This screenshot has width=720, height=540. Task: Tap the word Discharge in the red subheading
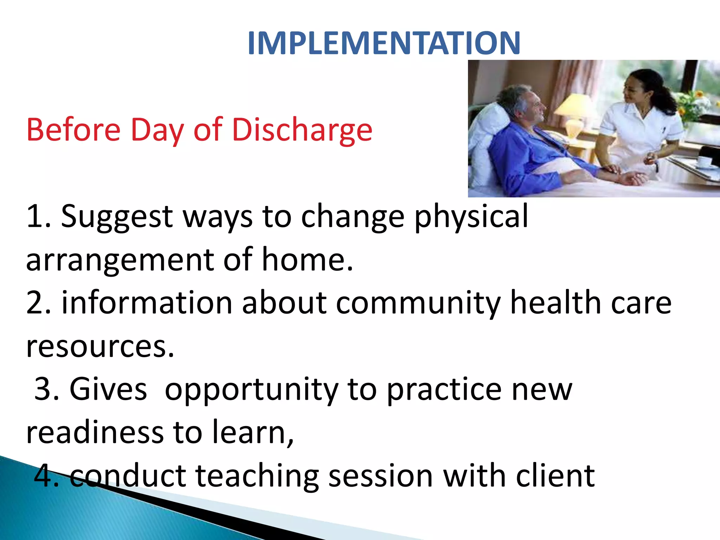(x=302, y=130)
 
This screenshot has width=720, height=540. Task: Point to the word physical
(x=471, y=217)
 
